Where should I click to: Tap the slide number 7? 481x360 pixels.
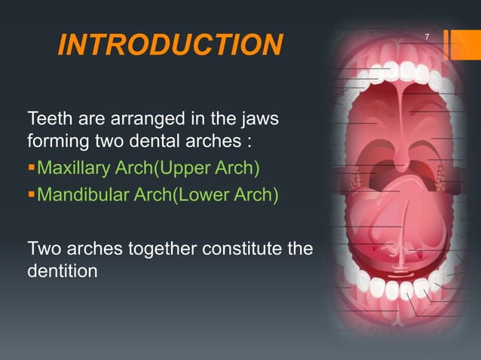pyautogui.click(x=427, y=37)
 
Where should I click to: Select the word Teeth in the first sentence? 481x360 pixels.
pyautogui.click(x=49, y=119)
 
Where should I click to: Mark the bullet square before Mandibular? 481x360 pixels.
pyautogui.click(x=31, y=197)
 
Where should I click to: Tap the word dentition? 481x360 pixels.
pyautogui.click(x=62, y=270)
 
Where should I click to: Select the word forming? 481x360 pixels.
pyautogui.click(x=57, y=141)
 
